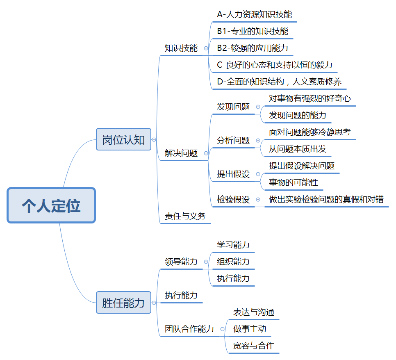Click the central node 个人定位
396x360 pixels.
(51, 205)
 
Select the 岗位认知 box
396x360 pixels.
(123, 139)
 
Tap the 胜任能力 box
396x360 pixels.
(123, 303)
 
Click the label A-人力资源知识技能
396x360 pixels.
(254, 14)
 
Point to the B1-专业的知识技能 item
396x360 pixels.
(253, 31)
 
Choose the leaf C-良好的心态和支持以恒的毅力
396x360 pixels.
(275, 65)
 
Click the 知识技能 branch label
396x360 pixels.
(181, 48)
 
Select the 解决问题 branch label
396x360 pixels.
(181, 153)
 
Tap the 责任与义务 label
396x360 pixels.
(185, 216)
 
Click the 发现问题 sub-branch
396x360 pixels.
(233, 107)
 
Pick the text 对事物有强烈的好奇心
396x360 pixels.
(310, 98)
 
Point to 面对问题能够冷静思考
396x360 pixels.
(310, 132)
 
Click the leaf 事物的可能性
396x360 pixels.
(293, 182)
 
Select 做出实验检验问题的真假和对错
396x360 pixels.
(326, 199)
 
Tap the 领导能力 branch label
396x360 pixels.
(181, 262)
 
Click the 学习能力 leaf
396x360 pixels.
(233, 245)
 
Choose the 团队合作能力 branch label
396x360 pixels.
(189, 329)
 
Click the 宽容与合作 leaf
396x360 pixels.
(253, 346)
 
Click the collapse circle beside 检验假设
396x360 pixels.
(258, 200)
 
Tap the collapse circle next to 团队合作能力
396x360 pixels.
(222, 329)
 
